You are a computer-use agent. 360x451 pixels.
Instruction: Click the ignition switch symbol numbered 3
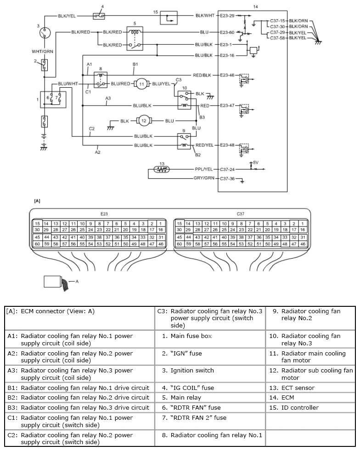click(x=44, y=33)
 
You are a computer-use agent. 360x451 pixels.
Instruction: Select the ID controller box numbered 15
click(x=169, y=18)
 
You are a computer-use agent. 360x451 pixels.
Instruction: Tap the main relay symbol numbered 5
click(x=135, y=39)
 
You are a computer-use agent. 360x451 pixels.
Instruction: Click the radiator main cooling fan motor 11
click(x=141, y=84)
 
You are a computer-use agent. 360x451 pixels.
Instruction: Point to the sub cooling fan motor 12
click(x=143, y=121)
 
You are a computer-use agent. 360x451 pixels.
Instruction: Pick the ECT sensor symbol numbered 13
click(x=162, y=169)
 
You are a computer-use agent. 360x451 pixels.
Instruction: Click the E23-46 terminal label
click(x=227, y=75)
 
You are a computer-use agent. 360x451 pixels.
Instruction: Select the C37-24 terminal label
click(x=227, y=169)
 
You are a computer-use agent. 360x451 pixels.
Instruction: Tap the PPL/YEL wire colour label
click(x=204, y=169)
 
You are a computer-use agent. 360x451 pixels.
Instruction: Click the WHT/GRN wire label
click(x=42, y=51)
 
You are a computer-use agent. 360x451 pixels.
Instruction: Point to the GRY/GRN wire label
click(x=204, y=178)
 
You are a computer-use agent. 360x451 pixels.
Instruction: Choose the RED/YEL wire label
click(x=204, y=145)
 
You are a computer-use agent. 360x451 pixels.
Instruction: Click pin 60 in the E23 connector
click(x=37, y=244)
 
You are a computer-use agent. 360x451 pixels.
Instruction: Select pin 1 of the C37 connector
click(x=303, y=224)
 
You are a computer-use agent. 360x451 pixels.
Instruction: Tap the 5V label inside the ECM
click(x=256, y=163)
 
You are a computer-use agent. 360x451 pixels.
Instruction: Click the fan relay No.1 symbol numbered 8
click(x=101, y=80)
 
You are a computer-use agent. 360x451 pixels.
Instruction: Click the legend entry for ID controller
click(x=294, y=407)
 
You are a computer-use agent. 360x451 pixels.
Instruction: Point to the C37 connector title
click(x=241, y=214)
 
